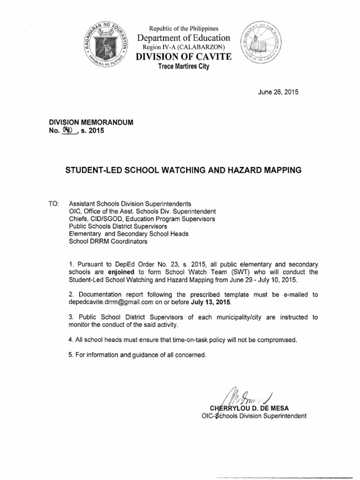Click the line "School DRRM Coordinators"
click(108, 242)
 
